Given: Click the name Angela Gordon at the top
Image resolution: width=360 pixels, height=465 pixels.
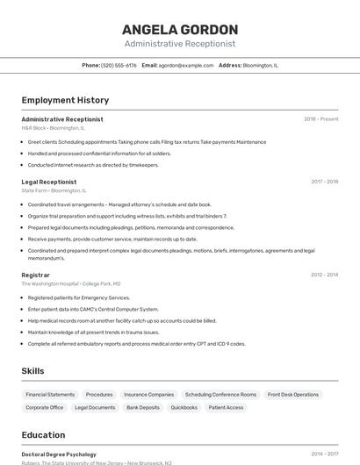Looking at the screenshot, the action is tap(180, 29).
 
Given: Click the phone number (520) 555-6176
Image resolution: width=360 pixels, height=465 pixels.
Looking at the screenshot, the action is tap(119, 65).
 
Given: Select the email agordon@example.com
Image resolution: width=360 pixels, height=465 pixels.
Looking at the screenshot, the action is tap(186, 65).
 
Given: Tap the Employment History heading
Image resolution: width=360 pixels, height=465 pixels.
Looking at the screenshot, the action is tap(65, 100).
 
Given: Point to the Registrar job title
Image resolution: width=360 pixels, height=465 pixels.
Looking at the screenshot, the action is tap(36, 275).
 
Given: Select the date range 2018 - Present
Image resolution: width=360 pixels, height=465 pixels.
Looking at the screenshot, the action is tap(321, 119).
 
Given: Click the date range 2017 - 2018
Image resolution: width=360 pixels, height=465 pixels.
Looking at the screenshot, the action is tap(324, 182).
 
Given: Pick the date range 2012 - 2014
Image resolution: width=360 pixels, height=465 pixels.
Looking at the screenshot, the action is tap(324, 275).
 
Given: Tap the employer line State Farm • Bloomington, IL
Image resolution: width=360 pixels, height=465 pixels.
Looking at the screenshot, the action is tap(54, 190).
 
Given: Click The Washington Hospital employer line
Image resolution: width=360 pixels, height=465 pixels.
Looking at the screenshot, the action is tap(71, 283).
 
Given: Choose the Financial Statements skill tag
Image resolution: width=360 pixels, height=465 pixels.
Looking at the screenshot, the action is tap(50, 395).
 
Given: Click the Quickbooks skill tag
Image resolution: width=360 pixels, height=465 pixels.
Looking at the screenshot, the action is tap(184, 407).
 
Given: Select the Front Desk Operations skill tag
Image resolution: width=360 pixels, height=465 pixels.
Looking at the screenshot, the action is tap(293, 395).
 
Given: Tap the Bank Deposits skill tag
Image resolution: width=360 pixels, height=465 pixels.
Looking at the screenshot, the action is tap(143, 407).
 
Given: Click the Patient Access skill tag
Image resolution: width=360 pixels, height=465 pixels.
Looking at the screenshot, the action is tap(226, 407).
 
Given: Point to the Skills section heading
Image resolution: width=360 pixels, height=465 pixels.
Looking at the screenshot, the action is tap(32, 371).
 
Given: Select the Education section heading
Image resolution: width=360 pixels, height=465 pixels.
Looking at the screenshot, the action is tap(43, 434).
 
